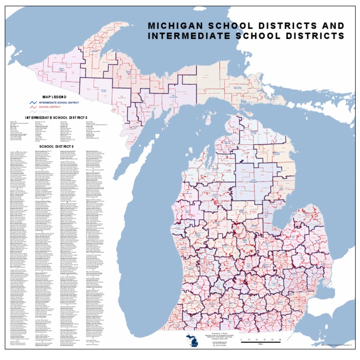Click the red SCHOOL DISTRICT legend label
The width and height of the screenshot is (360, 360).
(51, 107)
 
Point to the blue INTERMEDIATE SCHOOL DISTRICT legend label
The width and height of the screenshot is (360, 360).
(59, 102)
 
